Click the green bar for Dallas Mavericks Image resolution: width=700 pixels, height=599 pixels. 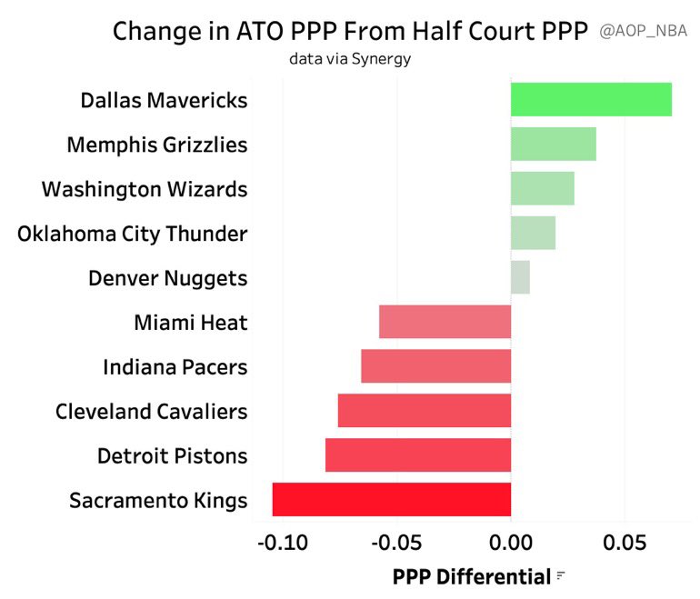pos(591,99)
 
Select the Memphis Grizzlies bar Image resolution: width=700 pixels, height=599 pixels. pos(553,144)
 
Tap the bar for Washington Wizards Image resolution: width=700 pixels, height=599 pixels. pos(542,188)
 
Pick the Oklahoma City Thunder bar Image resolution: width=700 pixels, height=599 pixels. pos(533,233)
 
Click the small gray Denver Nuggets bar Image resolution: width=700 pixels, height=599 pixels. pos(520,277)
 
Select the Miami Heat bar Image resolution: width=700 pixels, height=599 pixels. pos(445,322)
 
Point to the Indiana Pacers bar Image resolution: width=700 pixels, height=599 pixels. pos(435,366)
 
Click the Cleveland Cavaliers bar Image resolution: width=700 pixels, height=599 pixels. pos(424,411)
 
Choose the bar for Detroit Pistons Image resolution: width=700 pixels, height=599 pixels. pos(417,455)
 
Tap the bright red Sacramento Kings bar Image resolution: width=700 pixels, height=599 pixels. pos(391,500)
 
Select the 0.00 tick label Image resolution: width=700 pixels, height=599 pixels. pos(511,544)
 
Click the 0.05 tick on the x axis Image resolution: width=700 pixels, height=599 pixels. pos(625,544)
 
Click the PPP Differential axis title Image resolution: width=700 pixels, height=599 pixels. pos(471,576)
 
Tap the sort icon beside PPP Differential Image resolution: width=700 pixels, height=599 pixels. pos(561,575)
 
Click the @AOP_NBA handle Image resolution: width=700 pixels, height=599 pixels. pos(643,31)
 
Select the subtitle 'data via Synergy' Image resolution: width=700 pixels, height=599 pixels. pos(350,59)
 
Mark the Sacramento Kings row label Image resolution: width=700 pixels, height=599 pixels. pos(157,500)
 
